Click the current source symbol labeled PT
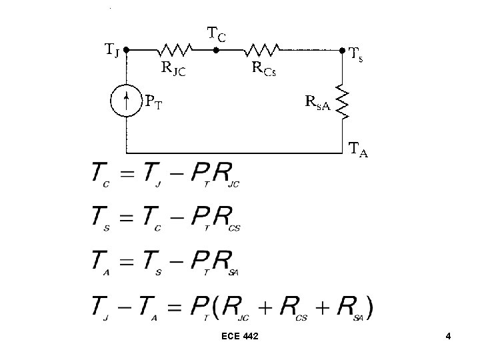(x=126, y=101)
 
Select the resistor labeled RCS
(x=262, y=49)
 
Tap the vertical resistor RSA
(x=342, y=101)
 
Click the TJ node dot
(x=126, y=49)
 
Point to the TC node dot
(x=215, y=49)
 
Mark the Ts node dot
(x=342, y=49)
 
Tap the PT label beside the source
(x=155, y=101)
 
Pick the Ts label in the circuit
(x=357, y=56)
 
